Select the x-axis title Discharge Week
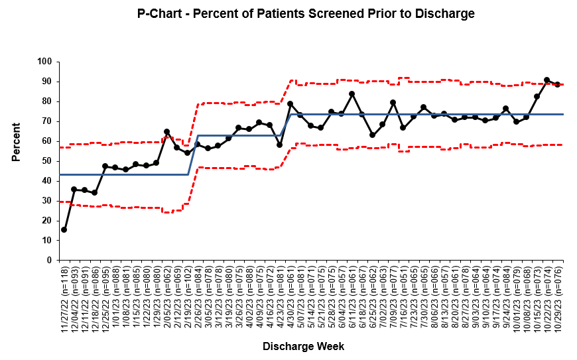click(303, 346)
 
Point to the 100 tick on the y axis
click(44, 62)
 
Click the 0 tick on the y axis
click(49, 261)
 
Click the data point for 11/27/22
click(64, 229)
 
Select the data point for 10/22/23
click(547, 80)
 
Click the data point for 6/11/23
click(352, 93)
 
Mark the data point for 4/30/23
click(290, 103)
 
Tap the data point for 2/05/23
click(166, 131)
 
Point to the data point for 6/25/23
click(372, 135)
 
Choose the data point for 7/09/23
click(393, 102)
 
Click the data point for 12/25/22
click(105, 166)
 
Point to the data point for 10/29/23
click(557, 84)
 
